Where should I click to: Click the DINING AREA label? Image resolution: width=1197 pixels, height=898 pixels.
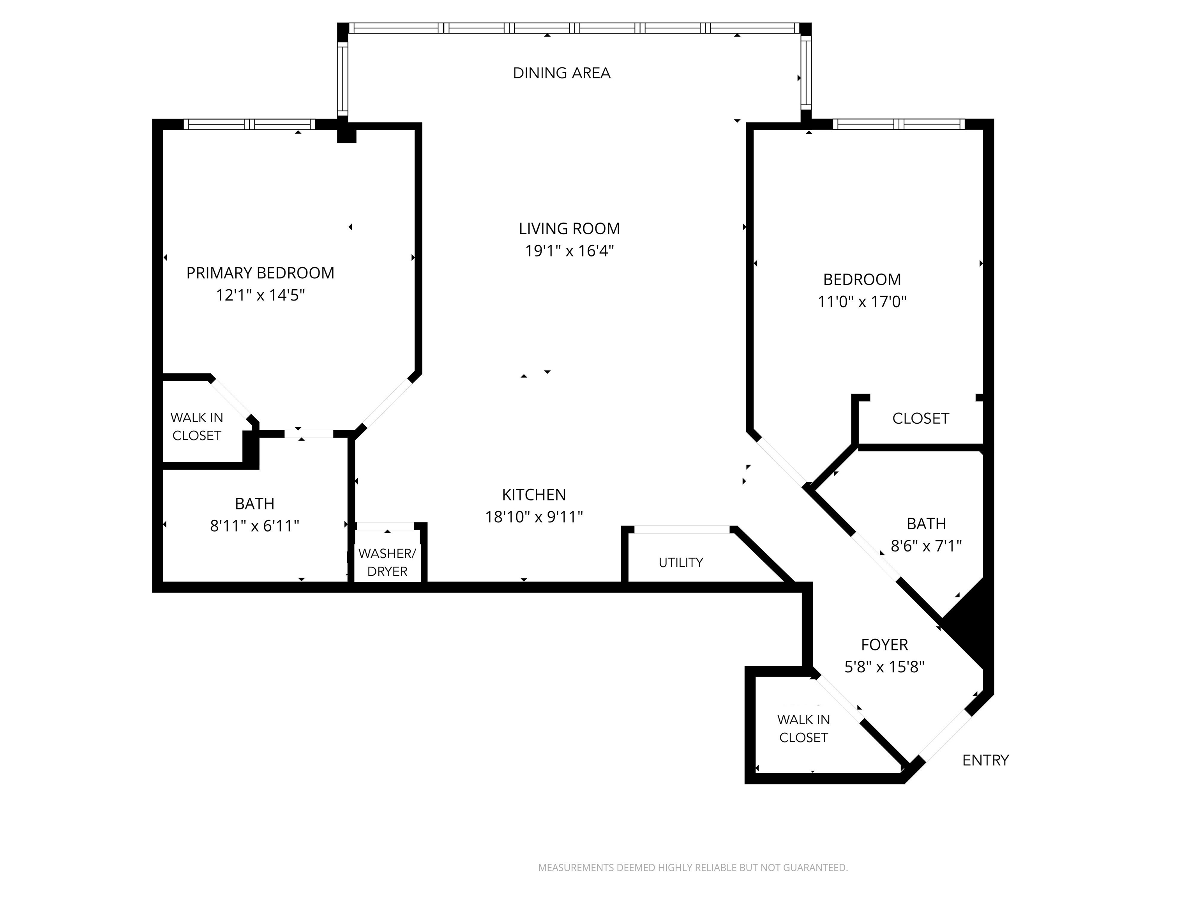click(x=562, y=73)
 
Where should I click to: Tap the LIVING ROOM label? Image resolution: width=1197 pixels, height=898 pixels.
click(x=569, y=229)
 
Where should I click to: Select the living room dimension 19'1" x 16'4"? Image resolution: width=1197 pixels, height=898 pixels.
click(x=569, y=251)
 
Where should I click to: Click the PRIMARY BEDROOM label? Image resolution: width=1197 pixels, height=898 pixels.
click(x=260, y=273)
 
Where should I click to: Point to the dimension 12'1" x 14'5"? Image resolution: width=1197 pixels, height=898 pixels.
click(x=260, y=295)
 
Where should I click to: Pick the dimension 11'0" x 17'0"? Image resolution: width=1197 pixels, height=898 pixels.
click(x=862, y=302)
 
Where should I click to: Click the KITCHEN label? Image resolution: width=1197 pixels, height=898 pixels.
click(x=534, y=495)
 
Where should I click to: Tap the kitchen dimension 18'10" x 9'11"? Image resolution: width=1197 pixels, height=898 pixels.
click(x=534, y=517)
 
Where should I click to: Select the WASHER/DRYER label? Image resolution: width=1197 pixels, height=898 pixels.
click(x=387, y=562)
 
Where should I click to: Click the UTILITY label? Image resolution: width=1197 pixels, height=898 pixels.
click(x=681, y=563)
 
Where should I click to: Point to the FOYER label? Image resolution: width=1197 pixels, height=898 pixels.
click(x=884, y=645)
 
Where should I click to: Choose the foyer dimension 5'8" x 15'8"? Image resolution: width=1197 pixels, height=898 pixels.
click(x=884, y=667)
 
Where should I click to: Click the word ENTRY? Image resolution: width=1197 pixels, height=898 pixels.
click(x=985, y=760)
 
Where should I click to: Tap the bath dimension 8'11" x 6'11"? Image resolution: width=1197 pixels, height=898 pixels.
click(x=254, y=526)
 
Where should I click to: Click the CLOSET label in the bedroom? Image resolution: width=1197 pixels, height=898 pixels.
click(x=920, y=419)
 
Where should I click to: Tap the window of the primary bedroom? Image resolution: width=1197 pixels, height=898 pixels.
click(x=249, y=124)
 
